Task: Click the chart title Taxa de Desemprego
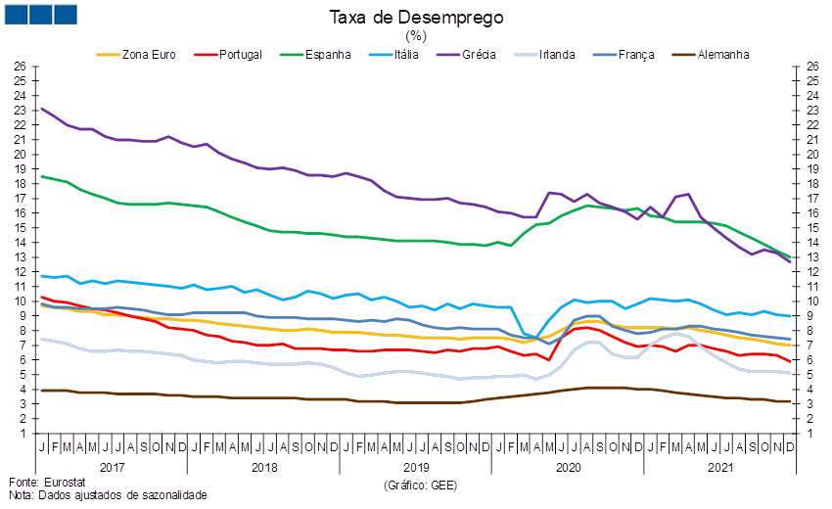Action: coord(416,18)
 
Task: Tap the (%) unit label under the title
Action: coord(416,35)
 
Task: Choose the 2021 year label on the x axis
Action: coord(719,469)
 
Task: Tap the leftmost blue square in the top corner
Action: coord(15,14)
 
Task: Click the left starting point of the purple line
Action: coord(40,109)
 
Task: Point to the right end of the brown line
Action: coord(791,401)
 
